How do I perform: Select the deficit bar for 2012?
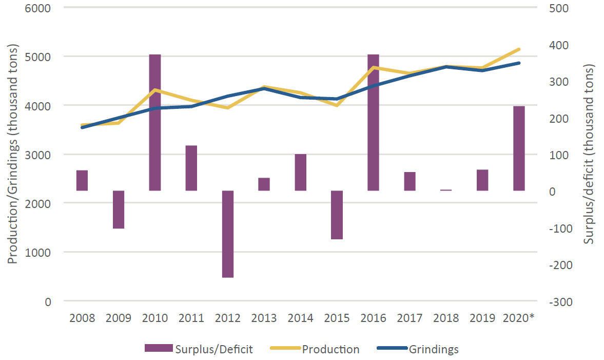pyautogui.click(x=228, y=234)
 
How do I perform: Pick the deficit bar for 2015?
pyautogui.click(x=337, y=215)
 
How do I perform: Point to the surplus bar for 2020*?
pyautogui.click(x=519, y=149)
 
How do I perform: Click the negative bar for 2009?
pyautogui.click(x=119, y=210)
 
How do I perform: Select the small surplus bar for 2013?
pyautogui.click(x=264, y=184)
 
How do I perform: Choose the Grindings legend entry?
pyautogui.click(x=434, y=349)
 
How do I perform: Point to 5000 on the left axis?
pyautogui.click(x=41, y=56)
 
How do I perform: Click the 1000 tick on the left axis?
pyautogui.click(x=41, y=252)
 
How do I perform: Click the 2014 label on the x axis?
pyautogui.click(x=300, y=318)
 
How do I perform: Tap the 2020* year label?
pyautogui.click(x=519, y=318)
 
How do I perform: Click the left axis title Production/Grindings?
pyautogui.click(x=13, y=154)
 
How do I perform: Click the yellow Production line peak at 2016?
pyautogui.click(x=373, y=67)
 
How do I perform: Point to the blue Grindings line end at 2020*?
pyautogui.click(x=519, y=63)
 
